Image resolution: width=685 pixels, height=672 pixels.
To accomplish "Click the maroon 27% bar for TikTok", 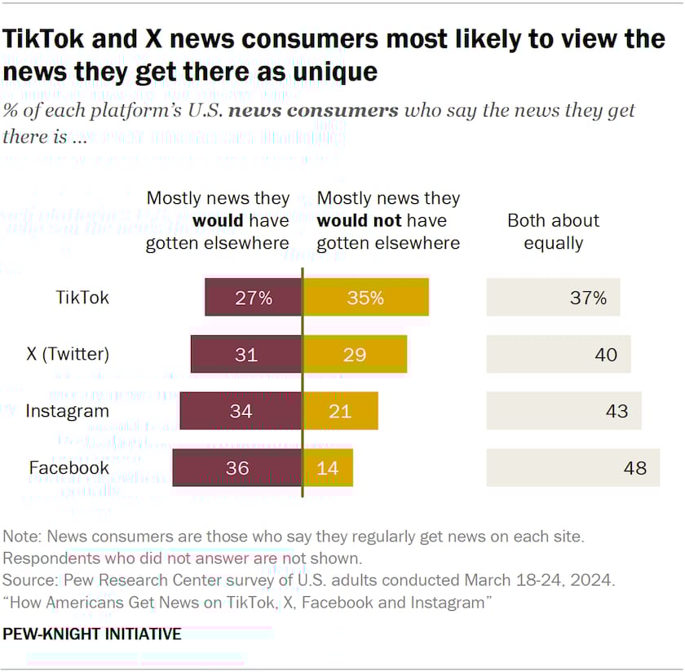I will coord(253,298).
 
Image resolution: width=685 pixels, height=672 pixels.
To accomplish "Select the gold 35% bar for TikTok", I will coord(365,298).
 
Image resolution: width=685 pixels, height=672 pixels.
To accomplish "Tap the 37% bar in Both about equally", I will coord(553,298).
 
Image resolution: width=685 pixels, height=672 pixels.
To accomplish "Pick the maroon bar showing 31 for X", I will coord(246,355).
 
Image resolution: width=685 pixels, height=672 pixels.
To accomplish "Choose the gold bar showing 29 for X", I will coord(355,355).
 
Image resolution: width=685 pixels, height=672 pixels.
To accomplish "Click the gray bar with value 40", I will coord(559,355).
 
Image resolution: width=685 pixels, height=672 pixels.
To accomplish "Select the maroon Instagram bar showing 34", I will coord(241,411).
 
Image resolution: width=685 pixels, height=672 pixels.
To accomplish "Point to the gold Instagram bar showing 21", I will coord(341,411).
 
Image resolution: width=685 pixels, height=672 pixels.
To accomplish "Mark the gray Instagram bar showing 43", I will coord(563,411).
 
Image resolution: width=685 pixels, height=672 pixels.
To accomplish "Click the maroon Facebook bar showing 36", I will coord(237,467).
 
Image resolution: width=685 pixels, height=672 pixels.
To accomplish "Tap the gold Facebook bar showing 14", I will coord(328,467).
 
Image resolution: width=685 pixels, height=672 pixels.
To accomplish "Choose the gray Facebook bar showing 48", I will coord(573,467).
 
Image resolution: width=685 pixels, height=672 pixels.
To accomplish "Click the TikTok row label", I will coord(82,298).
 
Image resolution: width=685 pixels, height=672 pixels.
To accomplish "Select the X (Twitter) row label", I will coord(67,355).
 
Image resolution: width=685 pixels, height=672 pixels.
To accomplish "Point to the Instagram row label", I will coord(67,411).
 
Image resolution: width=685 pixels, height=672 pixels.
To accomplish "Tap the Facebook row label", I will coord(69,467).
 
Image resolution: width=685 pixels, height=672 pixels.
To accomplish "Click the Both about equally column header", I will coord(553,232).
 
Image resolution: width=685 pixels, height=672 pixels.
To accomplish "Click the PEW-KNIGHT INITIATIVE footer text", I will coord(92,634).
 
